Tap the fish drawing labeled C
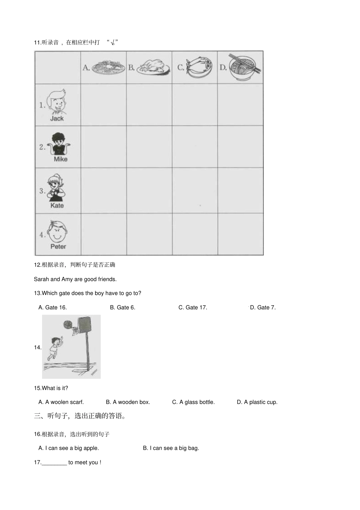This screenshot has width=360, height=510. pos(199,67)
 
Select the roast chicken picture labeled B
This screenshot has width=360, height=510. pos(153,67)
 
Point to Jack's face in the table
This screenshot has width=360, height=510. pos(56,102)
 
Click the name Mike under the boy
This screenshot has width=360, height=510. pos(61,159)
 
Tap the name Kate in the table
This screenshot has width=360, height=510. pos(57,206)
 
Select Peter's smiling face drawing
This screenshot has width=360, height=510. pos(57,232)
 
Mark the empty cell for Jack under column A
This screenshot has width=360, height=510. pos(103,105)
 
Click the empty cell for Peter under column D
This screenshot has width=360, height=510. pos(241,234)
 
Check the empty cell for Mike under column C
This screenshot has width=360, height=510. pos(195,147)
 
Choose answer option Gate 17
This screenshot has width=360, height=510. pos(193,308)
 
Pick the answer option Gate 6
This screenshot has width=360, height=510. pos(123,308)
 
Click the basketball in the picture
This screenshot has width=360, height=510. pos(68,324)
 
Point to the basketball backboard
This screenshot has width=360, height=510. pos(85,324)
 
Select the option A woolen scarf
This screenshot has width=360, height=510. pos(61,402)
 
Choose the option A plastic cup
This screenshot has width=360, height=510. pos(257,402)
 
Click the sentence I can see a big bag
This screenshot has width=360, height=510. pos(171,448)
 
